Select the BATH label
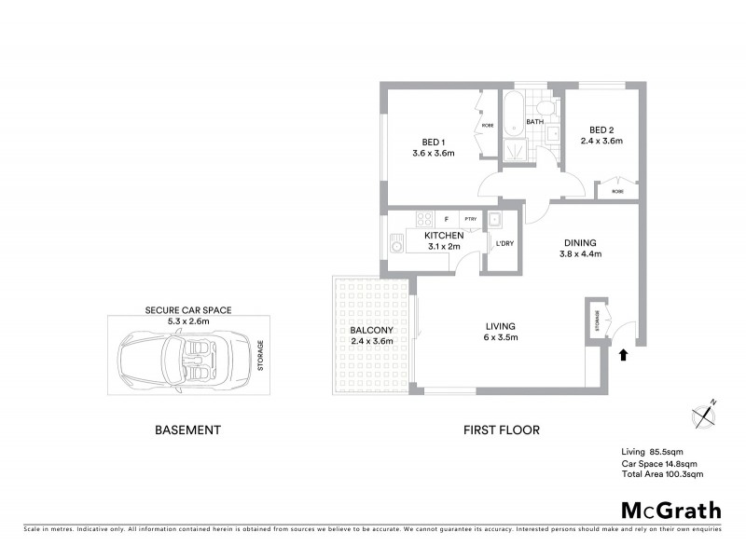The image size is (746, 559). pos(534,122)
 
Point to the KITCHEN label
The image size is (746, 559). pos(444,237)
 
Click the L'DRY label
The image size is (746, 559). pos(504,244)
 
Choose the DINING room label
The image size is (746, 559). pos(580,241)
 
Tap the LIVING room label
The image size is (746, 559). pos(500,326)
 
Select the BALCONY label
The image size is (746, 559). pos(370,331)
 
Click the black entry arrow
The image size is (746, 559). pos(623,354)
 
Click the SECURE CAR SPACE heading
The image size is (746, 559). pos(187,309)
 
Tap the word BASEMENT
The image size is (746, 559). pos(186,430)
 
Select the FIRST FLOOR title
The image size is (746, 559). pos(503,430)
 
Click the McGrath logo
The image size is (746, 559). pos(670,510)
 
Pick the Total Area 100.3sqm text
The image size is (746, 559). pos(661,474)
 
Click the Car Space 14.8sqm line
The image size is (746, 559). pos(659,464)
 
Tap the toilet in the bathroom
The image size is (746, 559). pos(551,109)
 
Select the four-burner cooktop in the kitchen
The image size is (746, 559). pos(424,220)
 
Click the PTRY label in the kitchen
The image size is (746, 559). pos(470,220)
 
